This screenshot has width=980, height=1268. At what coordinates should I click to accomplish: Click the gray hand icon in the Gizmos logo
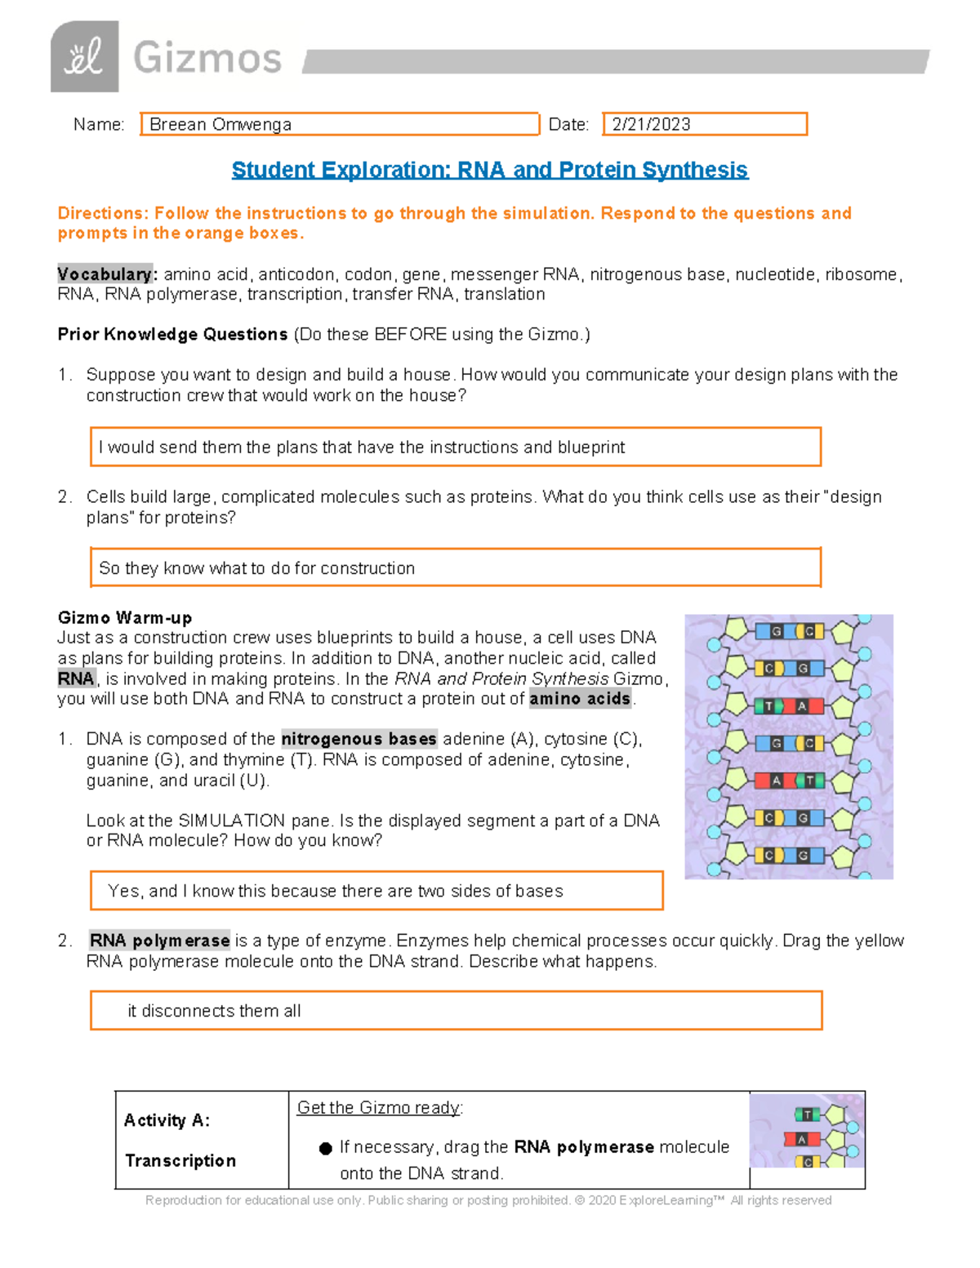coord(84,57)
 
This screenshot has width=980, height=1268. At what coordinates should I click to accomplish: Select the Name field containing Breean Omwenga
coord(339,124)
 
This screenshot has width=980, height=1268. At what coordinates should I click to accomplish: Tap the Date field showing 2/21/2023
coord(704,124)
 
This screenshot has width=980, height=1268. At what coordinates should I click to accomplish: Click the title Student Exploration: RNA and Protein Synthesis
coord(489,170)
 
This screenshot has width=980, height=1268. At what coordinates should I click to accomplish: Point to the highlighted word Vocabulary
coord(105,274)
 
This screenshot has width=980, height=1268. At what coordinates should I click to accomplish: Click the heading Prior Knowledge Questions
coord(172,335)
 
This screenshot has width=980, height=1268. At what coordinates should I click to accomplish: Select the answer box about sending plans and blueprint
coord(455,447)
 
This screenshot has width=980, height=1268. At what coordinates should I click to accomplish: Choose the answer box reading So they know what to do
coord(455,568)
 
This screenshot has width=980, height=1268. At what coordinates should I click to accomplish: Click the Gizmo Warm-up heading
coord(125,617)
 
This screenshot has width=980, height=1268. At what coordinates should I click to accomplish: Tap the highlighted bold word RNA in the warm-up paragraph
coord(76,678)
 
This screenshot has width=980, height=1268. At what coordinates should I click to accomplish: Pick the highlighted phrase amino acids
coord(580,699)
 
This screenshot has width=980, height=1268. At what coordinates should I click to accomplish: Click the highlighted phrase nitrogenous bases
coord(359,739)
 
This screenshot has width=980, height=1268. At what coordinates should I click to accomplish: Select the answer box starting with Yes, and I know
coord(376,891)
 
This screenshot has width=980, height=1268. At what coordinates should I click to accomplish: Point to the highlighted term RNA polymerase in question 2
coord(159,941)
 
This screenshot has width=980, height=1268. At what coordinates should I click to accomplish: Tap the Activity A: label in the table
coord(167,1120)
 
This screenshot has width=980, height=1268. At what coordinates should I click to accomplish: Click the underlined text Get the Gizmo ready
coord(380,1108)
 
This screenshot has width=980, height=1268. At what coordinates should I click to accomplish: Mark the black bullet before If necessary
coord(325,1149)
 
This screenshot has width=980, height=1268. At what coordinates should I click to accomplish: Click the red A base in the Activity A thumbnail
coord(801,1139)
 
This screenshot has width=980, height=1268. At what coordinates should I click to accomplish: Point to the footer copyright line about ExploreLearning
coord(488,1200)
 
